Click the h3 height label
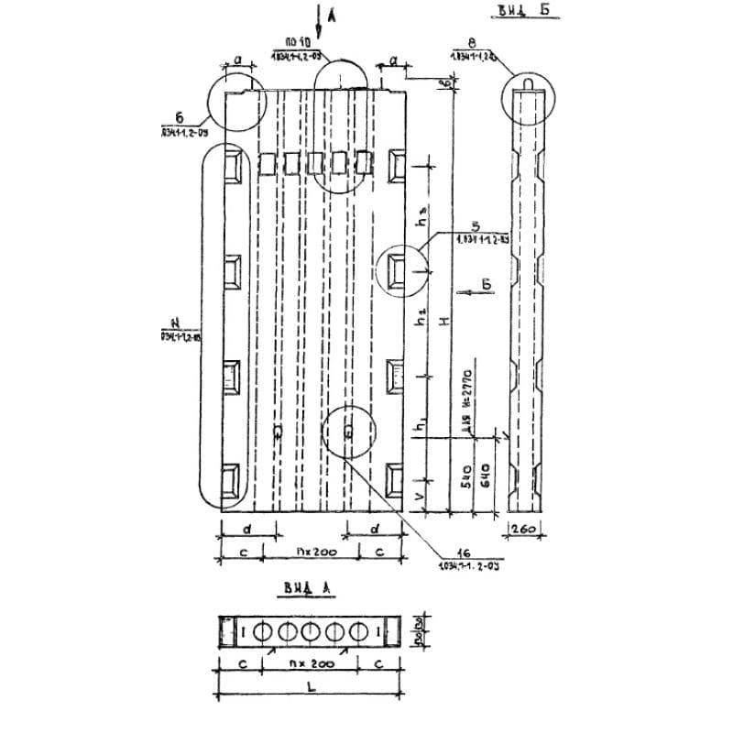422,222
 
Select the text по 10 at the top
298,43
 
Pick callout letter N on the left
173,322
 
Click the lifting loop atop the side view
528,85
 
